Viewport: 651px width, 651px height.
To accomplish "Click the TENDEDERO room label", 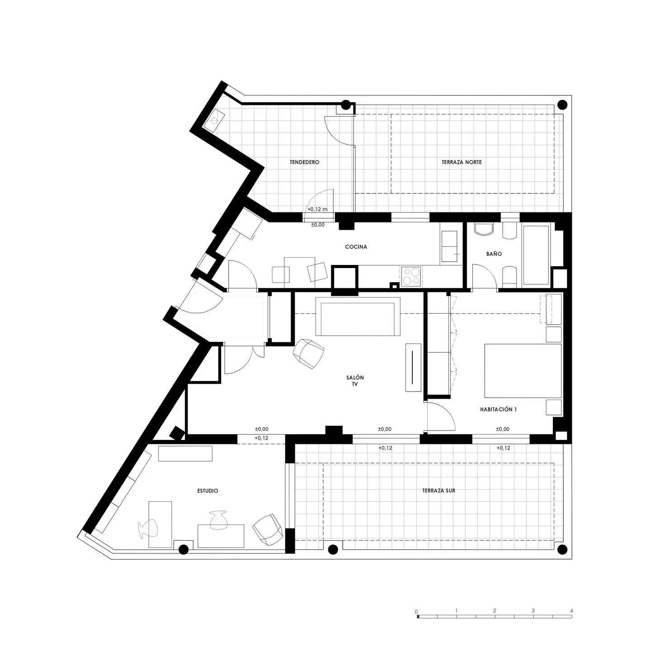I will coord(304,162).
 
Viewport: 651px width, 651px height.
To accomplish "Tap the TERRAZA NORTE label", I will coord(462,162).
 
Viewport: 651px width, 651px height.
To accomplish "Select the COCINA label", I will coord(356,247).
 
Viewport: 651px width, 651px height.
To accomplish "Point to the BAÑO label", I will coord(494,254).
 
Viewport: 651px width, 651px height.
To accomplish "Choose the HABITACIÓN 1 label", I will coord(498,410).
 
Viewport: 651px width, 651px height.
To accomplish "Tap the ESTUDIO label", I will coord(208,491).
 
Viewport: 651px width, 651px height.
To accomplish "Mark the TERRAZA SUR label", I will coord(438,491).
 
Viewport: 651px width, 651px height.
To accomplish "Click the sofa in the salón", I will coord(358,316).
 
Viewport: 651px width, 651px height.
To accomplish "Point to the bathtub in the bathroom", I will coord(536,255).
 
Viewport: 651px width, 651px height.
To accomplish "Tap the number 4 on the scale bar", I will coord(571,611).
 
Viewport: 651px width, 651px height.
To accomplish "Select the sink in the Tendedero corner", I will coord(213,121).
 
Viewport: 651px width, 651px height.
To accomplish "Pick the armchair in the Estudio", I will coord(268,529).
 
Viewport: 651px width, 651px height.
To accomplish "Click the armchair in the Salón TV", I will coord(309,352).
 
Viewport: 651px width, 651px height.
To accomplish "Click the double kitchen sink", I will coord(450,245).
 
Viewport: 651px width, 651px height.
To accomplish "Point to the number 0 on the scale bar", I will coord(416,611).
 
